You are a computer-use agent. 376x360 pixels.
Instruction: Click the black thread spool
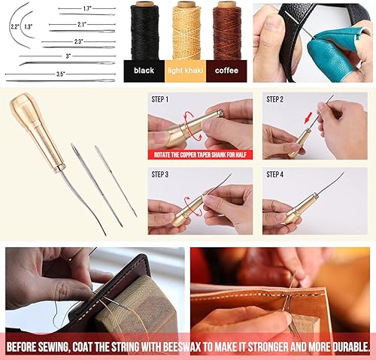tap(145, 31)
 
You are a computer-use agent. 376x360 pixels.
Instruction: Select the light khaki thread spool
tap(186, 31)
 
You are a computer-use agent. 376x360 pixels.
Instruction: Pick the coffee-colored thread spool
tap(227, 31)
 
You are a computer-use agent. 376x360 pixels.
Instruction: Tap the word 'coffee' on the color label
tap(226, 71)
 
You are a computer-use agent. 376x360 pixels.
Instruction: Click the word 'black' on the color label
tap(144, 71)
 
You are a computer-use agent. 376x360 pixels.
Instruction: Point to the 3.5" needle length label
tap(61, 74)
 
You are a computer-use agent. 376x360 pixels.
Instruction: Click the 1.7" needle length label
tap(86, 9)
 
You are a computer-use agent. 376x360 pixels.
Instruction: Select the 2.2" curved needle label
tap(15, 27)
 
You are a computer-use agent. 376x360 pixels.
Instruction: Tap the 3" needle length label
tap(68, 56)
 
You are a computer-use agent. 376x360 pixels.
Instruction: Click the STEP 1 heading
tap(160, 99)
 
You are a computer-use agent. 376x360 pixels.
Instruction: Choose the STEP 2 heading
tap(274, 99)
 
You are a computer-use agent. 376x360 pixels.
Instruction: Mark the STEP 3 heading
tap(160, 174)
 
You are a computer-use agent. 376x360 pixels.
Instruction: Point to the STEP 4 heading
tap(274, 174)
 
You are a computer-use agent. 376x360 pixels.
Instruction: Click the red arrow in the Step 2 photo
tap(308, 118)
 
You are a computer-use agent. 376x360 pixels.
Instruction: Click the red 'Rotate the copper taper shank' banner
tap(200, 155)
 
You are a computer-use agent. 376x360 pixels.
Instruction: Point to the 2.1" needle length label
tap(82, 25)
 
